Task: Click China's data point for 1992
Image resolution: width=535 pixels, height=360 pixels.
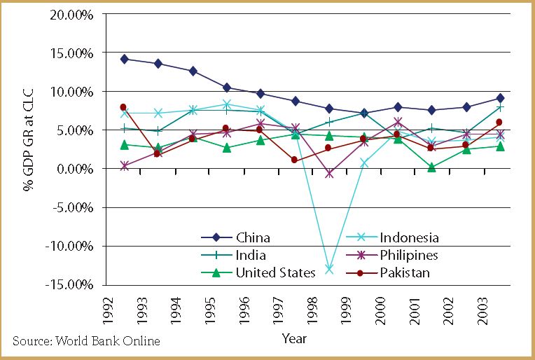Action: [124, 59]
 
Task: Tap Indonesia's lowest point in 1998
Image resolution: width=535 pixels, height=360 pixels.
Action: [329, 269]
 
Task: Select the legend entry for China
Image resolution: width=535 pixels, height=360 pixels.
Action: [253, 238]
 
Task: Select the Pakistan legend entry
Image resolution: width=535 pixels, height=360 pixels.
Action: [405, 272]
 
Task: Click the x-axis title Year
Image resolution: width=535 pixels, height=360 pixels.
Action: [293, 338]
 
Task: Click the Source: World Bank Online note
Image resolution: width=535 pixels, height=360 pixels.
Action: [86, 341]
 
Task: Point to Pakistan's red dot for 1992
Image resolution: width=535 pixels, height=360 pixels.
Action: [123, 107]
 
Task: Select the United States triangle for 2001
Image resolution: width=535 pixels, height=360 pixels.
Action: [431, 167]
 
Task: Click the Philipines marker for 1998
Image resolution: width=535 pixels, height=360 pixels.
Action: [329, 174]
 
